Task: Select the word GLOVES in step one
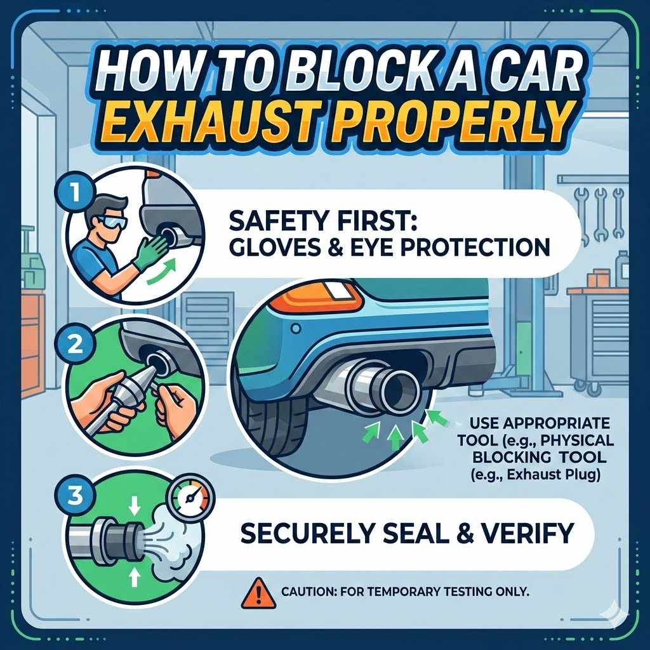coord(258,247)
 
